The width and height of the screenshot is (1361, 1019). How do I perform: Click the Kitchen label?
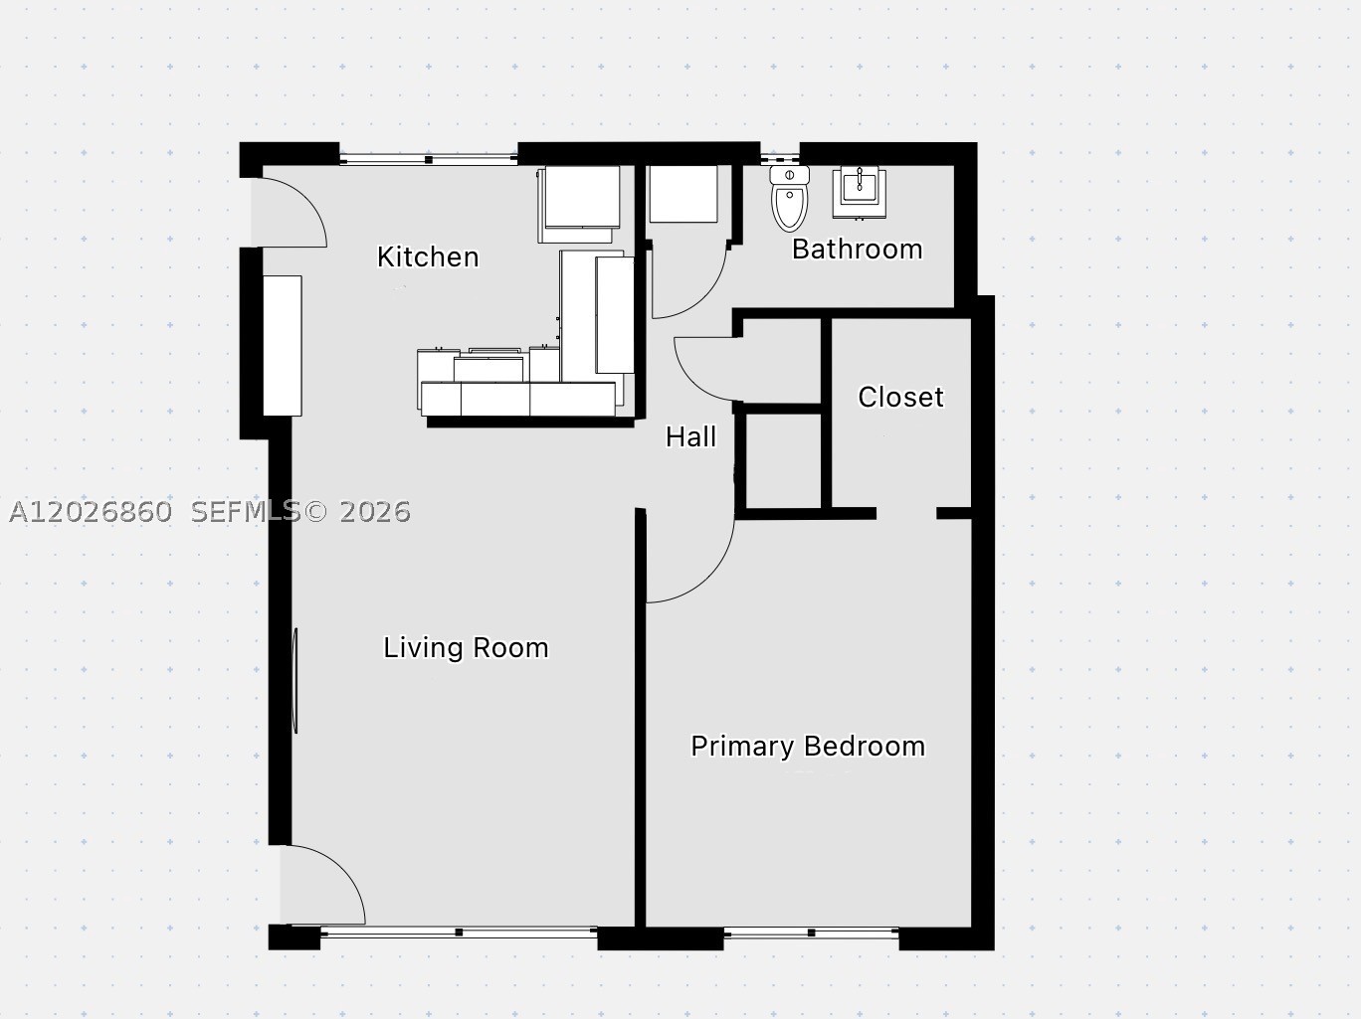[428, 257]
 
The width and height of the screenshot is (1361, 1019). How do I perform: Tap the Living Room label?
[466, 648]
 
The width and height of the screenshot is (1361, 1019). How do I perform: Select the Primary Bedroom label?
[808, 747]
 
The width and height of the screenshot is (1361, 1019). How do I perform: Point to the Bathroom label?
[857, 249]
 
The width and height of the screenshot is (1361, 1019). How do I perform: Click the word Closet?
[900, 397]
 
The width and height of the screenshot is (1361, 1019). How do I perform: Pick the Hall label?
[690, 436]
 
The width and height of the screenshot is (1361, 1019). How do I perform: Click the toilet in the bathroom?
[789, 198]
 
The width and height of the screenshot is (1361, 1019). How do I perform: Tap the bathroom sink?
[859, 193]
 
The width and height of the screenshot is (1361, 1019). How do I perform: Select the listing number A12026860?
[91, 512]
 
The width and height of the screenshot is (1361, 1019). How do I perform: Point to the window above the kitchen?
[429, 159]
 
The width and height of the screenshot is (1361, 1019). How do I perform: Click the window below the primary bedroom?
[811, 933]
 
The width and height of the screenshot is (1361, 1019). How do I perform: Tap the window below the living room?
[459, 932]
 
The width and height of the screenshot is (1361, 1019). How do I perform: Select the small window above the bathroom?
[779, 159]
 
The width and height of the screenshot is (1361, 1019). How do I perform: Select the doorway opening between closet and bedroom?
[906, 514]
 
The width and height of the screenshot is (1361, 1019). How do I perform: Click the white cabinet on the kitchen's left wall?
[283, 346]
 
